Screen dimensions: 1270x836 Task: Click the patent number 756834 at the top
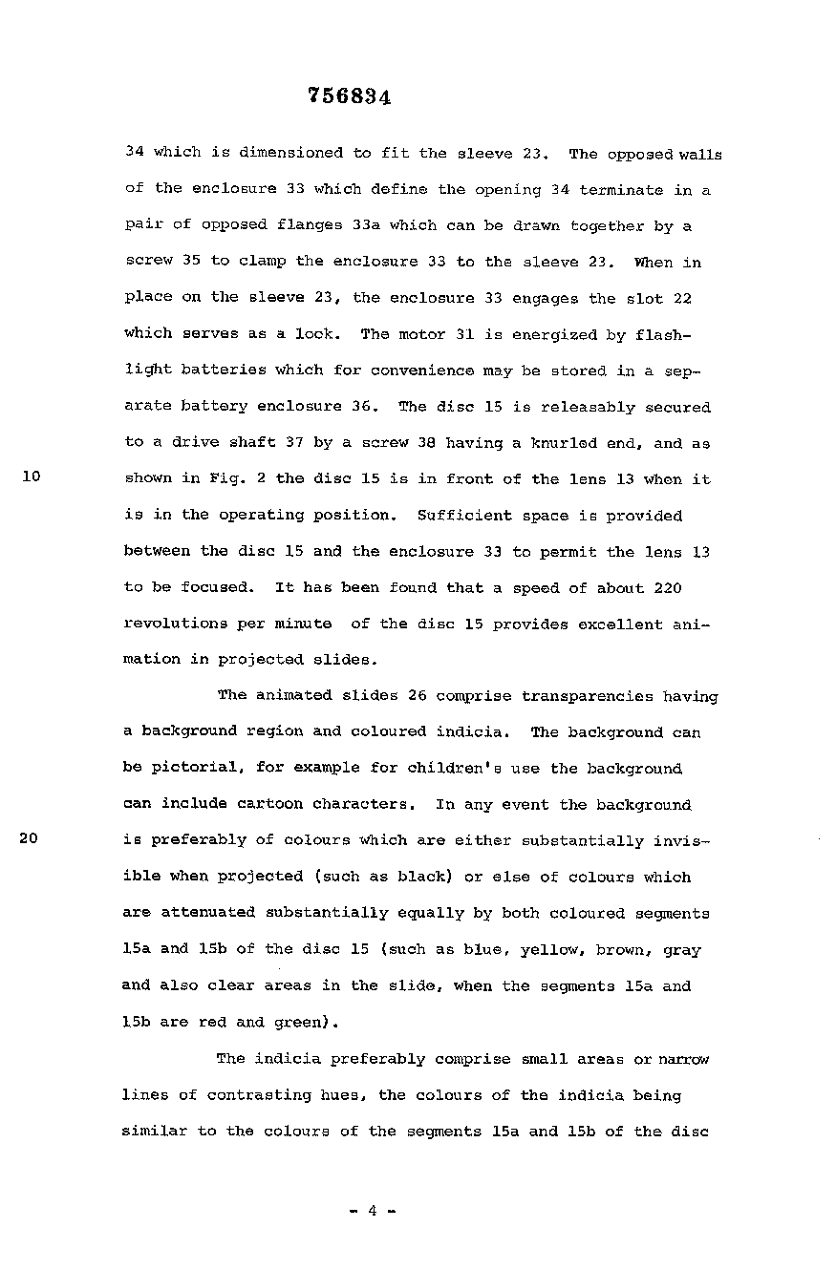351,96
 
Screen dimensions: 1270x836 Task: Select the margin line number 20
30,840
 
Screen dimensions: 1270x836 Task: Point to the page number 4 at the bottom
372,1211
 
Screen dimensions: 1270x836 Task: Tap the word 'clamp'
263,262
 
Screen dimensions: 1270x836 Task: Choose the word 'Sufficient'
464,516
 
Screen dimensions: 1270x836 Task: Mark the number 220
669,588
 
